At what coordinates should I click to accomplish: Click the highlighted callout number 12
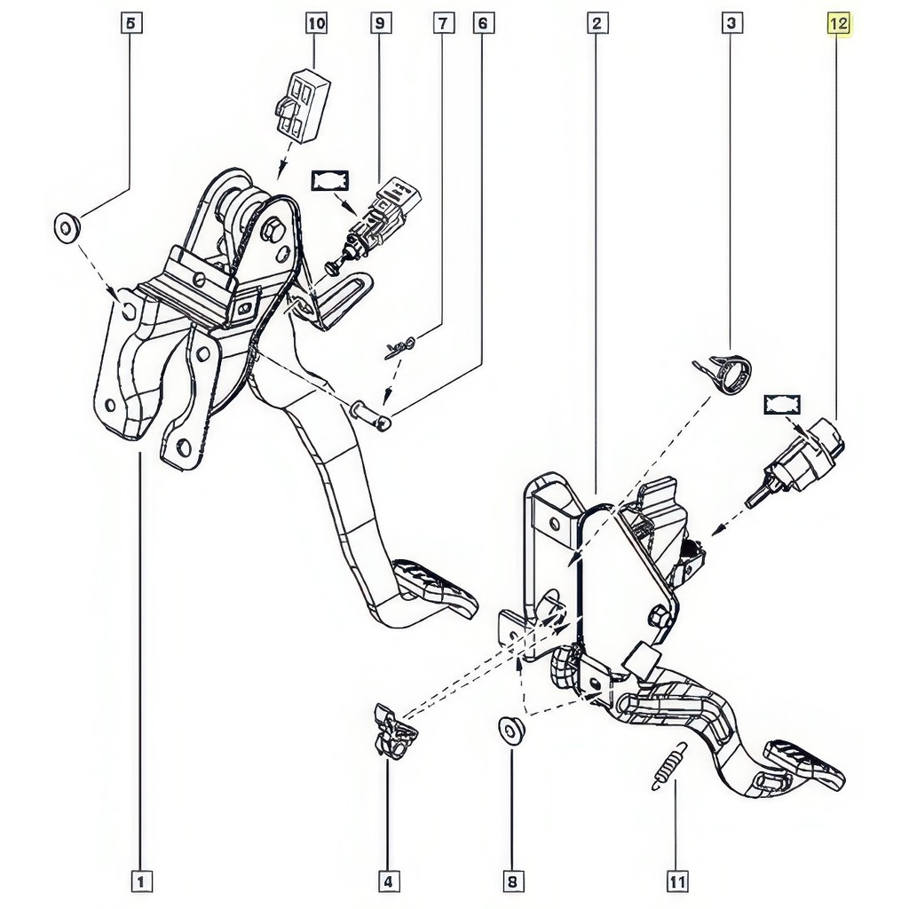click(x=838, y=24)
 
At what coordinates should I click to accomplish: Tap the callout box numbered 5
click(x=131, y=24)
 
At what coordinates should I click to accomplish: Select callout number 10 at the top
click(x=316, y=24)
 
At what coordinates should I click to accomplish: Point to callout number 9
click(x=380, y=24)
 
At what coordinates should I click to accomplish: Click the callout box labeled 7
click(x=443, y=24)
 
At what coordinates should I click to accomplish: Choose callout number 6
click(x=482, y=24)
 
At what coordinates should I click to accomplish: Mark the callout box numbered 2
click(x=597, y=24)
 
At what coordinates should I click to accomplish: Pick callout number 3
click(x=731, y=24)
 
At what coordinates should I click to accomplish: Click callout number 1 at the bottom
click(x=141, y=881)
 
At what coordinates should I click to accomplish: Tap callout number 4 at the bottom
click(x=388, y=881)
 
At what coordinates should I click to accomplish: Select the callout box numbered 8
click(x=512, y=881)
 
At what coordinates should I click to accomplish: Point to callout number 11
click(x=676, y=881)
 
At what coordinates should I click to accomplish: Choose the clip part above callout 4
click(x=394, y=731)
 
